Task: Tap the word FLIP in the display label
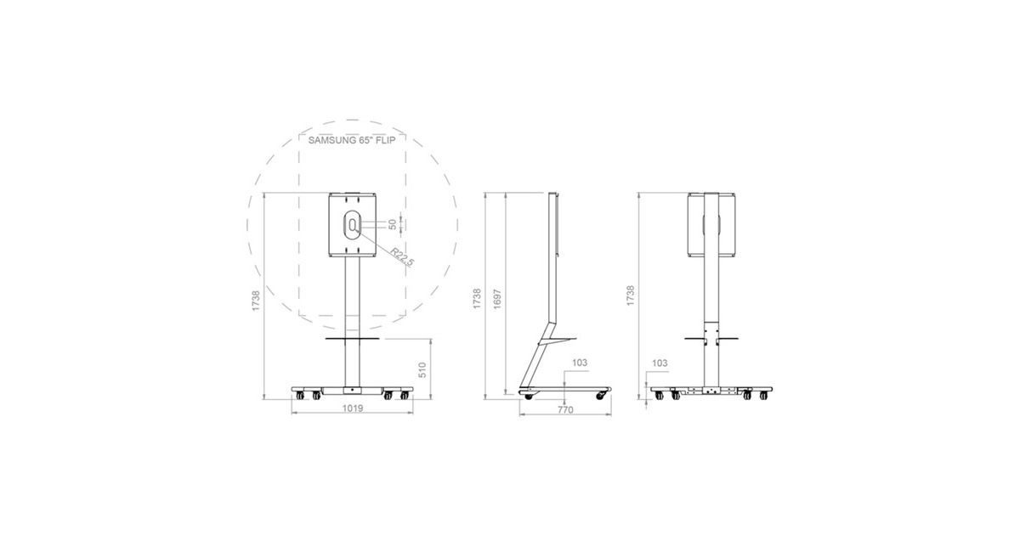click(385, 140)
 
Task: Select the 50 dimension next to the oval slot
click(393, 225)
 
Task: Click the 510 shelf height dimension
click(422, 370)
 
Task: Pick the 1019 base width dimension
click(353, 408)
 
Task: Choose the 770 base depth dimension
click(565, 409)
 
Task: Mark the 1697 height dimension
click(497, 299)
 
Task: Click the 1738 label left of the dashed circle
click(256, 301)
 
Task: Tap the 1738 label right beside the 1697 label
click(477, 299)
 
